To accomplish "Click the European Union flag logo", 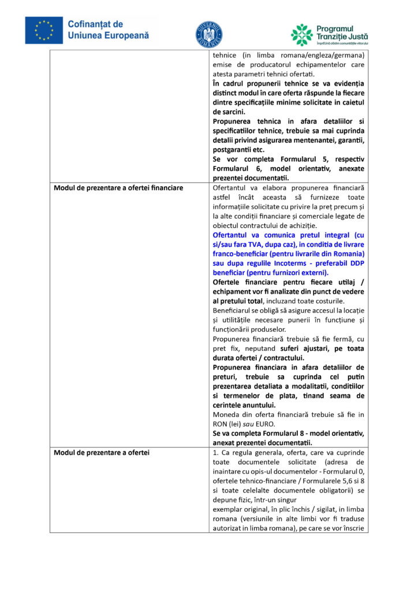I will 44,30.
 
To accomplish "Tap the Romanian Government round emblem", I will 208,34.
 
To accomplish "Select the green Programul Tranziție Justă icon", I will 301,35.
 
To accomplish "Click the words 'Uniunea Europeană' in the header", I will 109,35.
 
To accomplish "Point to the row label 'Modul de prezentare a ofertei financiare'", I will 118,188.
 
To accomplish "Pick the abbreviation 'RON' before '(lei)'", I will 220,424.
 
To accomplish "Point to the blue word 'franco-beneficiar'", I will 245,254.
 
